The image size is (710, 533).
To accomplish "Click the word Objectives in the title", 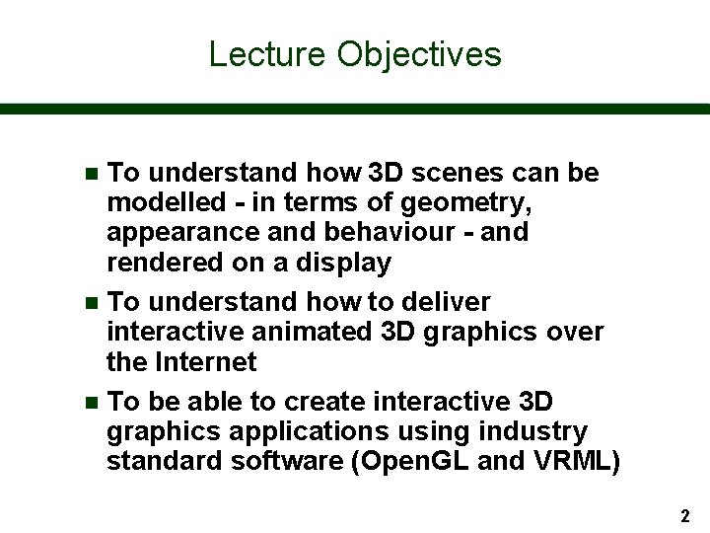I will (x=419, y=54).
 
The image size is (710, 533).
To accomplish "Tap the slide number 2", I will (x=684, y=515).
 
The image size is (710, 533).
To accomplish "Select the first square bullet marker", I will (x=92, y=174).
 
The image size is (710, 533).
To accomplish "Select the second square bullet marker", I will (x=92, y=302).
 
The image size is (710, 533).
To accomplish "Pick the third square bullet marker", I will (x=92, y=403).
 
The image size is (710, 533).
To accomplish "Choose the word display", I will (x=344, y=264).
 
